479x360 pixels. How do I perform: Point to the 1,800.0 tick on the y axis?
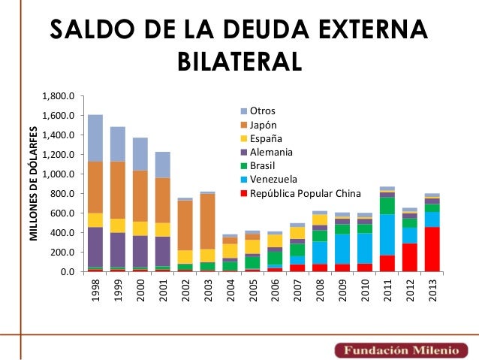(59, 97)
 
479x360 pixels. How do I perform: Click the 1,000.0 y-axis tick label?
(59, 174)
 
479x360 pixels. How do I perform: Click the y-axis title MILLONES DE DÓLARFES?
(34, 184)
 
